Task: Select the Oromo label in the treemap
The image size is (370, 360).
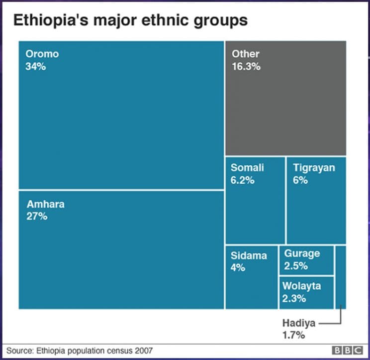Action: [x=42, y=54]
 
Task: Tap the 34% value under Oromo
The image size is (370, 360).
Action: [x=35, y=66]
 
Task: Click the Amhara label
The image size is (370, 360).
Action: [x=45, y=204]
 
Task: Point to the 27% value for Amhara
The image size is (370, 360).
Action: [x=37, y=217]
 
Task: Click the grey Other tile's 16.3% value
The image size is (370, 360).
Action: [x=246, y=66]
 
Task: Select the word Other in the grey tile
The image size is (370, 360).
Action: [x=245, y=54]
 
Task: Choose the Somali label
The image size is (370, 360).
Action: [x=247, y=168]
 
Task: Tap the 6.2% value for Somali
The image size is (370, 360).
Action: [x=243, y=180]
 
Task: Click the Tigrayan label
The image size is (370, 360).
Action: [x=314, y=168]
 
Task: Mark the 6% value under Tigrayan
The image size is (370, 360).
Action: [x=300, y=180]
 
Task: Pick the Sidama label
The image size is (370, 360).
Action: [x=249, y=255]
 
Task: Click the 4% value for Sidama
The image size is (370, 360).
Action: [x=238, y=268]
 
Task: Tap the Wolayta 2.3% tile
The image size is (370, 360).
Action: [x=306, y=292]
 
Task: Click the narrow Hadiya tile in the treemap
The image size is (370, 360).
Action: [x=341, y=276]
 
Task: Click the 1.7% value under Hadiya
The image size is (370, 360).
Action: [x=293, y=335]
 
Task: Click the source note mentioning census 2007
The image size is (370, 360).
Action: [x=80, y=350]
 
